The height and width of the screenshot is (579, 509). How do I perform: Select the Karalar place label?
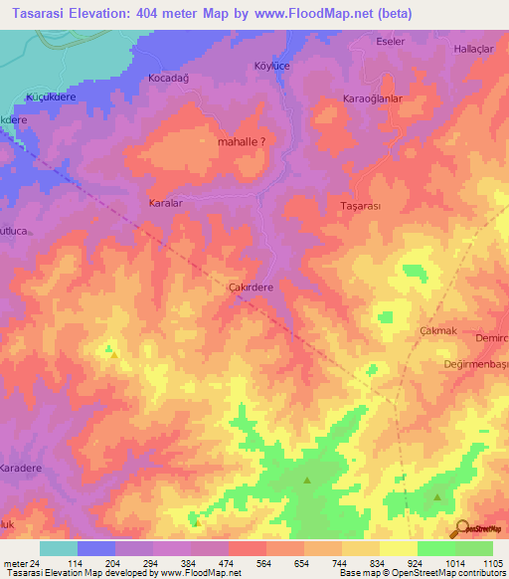pyautogui.click(x=165, y=202)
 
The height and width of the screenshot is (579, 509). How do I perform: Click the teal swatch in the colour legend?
pyautogui.click(x=58, y=548)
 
